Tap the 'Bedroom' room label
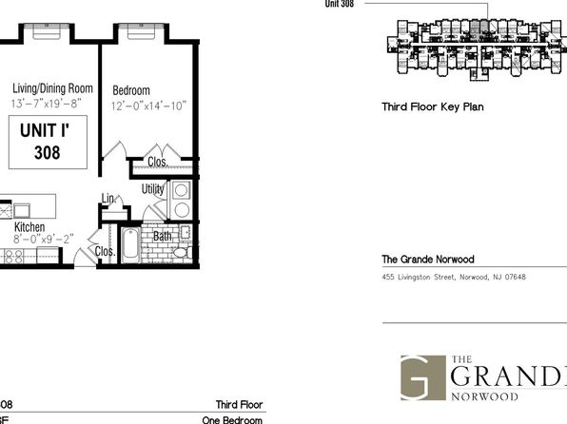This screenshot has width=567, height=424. [x=130, y=91]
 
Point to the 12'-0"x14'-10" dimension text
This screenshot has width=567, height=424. [x=147, y=106]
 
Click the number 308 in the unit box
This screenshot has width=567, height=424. [x=45, y=151]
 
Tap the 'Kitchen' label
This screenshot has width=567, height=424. [x=29, y=228]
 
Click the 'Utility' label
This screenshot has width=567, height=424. [x=153, y=189]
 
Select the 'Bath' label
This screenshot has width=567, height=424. [x=163, y=235]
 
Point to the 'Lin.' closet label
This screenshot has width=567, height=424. [x=108, y=198]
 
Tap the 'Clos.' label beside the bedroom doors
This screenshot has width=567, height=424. [x=158, y=162]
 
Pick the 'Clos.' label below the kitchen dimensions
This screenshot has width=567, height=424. [x=106, y=252]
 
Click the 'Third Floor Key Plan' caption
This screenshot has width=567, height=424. [x=433, y=107]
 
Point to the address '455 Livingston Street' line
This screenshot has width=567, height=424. [x=453, y=278]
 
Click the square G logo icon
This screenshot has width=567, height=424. [x=419, y=377]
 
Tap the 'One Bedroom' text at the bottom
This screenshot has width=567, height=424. [x=232, y=419]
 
